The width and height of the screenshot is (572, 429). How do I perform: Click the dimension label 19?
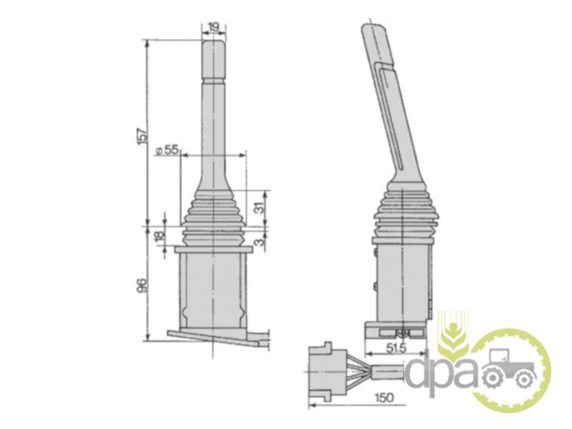click(x=214, y=26)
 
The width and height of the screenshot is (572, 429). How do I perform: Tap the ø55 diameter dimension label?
click(x=167, y=150)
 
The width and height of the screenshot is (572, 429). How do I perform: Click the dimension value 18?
click(x=159, y=237)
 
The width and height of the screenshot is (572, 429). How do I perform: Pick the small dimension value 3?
click(x=259, y=241)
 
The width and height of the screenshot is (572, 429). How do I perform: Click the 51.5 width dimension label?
click(x=396, y=348)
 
